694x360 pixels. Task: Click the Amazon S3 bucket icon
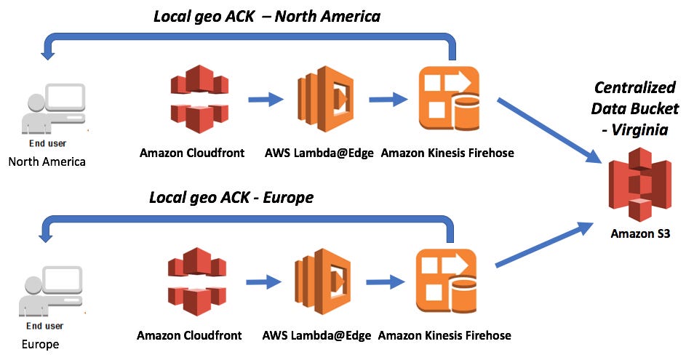(640, 185)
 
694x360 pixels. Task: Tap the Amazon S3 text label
(640, 233)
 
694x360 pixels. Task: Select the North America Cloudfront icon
(199, 99)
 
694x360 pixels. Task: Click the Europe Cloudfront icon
(197, 281)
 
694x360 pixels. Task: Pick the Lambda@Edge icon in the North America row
(325, 99)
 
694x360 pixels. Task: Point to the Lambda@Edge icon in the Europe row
(323, 281)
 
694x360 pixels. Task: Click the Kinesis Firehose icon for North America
(449, 99)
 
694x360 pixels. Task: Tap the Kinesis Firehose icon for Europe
(446, 281)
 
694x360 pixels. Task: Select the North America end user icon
(53, 109)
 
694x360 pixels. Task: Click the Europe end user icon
(50, 292)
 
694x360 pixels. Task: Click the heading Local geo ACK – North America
(267, 16)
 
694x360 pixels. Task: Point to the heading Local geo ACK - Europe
(231, 197)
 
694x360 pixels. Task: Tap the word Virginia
(639, 129)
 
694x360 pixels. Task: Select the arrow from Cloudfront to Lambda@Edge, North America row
(266, 99)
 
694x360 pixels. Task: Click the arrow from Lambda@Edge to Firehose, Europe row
(385, 281)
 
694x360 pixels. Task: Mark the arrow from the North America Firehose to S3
(549, 130)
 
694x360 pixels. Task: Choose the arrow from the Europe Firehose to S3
(544, 244)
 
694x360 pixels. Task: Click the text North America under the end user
(47, 161)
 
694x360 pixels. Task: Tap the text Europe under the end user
(40, 344)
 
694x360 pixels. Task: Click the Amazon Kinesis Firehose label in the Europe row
(444, 335)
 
